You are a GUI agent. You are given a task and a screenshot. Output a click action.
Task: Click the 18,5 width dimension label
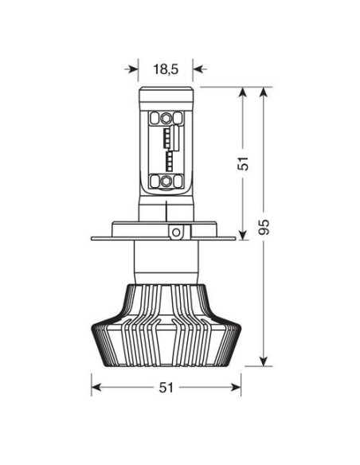coord(165,68)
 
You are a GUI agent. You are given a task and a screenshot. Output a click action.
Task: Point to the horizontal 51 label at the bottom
coord(166,388)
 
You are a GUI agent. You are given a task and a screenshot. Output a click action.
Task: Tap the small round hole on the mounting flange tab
coord(175,232)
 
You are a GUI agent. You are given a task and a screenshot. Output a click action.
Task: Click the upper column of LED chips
coord(169,135)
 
